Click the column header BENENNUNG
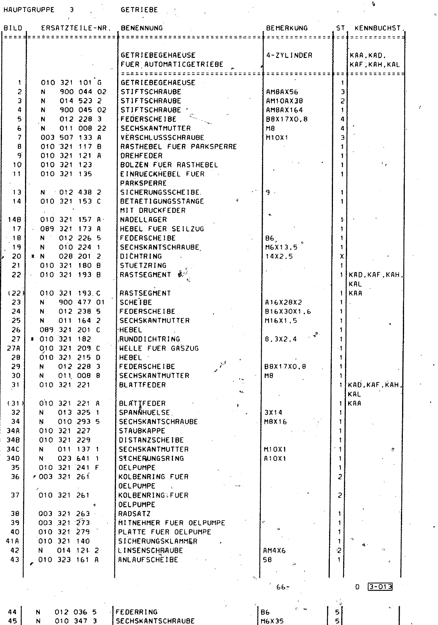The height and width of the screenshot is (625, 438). (142, 28)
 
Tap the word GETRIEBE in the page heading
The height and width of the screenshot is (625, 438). (139, 10)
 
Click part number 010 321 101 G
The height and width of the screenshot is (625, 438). (71, 82)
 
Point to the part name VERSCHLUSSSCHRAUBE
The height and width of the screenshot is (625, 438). (162, 137)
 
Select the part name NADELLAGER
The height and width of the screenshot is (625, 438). (143, 220)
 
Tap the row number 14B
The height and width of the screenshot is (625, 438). (14, 220)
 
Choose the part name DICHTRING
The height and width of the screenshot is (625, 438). (141, 256)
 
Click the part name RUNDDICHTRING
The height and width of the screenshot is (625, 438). (150, 339)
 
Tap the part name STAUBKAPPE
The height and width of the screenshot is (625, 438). (142, 431)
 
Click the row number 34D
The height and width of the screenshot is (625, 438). (13, 458)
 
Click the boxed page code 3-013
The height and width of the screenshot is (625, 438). (379, 587)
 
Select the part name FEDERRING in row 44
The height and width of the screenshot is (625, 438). (137, 612)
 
